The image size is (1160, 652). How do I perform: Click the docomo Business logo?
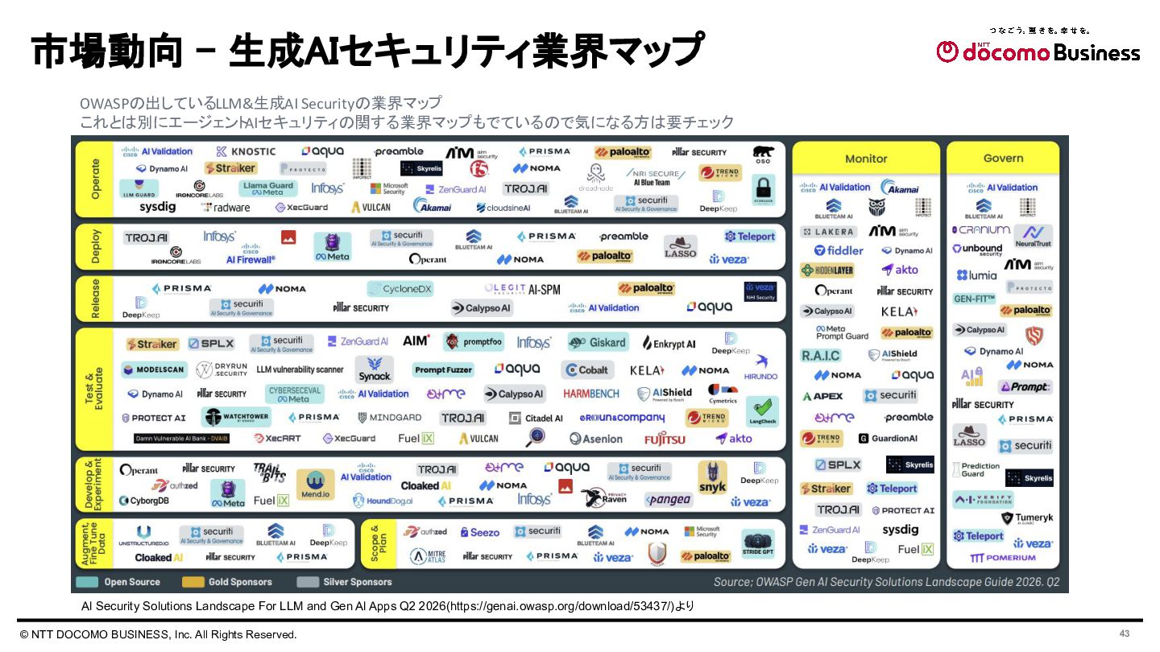1038,52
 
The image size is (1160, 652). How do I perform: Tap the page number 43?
1125,633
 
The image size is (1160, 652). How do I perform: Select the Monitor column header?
866,159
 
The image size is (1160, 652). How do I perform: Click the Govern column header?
1003,158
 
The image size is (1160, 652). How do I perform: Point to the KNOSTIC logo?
246,151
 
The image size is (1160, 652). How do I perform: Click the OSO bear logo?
762,154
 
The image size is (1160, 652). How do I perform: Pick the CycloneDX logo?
400,288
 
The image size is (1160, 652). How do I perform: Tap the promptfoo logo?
474,342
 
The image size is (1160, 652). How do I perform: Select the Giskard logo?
598,342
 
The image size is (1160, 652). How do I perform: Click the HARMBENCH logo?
591,394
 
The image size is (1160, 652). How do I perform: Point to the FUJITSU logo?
665,439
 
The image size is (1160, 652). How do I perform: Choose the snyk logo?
712,477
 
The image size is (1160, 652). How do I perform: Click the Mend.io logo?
315,485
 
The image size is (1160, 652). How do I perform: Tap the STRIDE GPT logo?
757,543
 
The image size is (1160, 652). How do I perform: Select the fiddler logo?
839,250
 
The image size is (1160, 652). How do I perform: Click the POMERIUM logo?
1003,557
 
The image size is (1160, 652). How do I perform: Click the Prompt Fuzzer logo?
443,369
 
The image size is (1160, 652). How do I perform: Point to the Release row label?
96,298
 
